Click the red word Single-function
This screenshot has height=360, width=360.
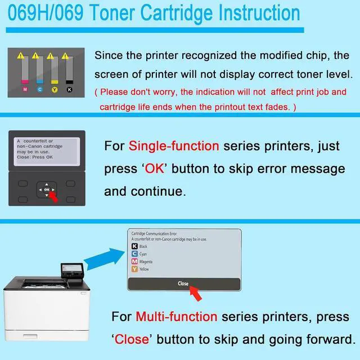[x=174, y=146]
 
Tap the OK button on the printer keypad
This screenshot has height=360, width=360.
[x=47, y=190]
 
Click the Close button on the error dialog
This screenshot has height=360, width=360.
[x=183, y=283]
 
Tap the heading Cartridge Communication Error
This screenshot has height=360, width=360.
[x=152, y=233]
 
